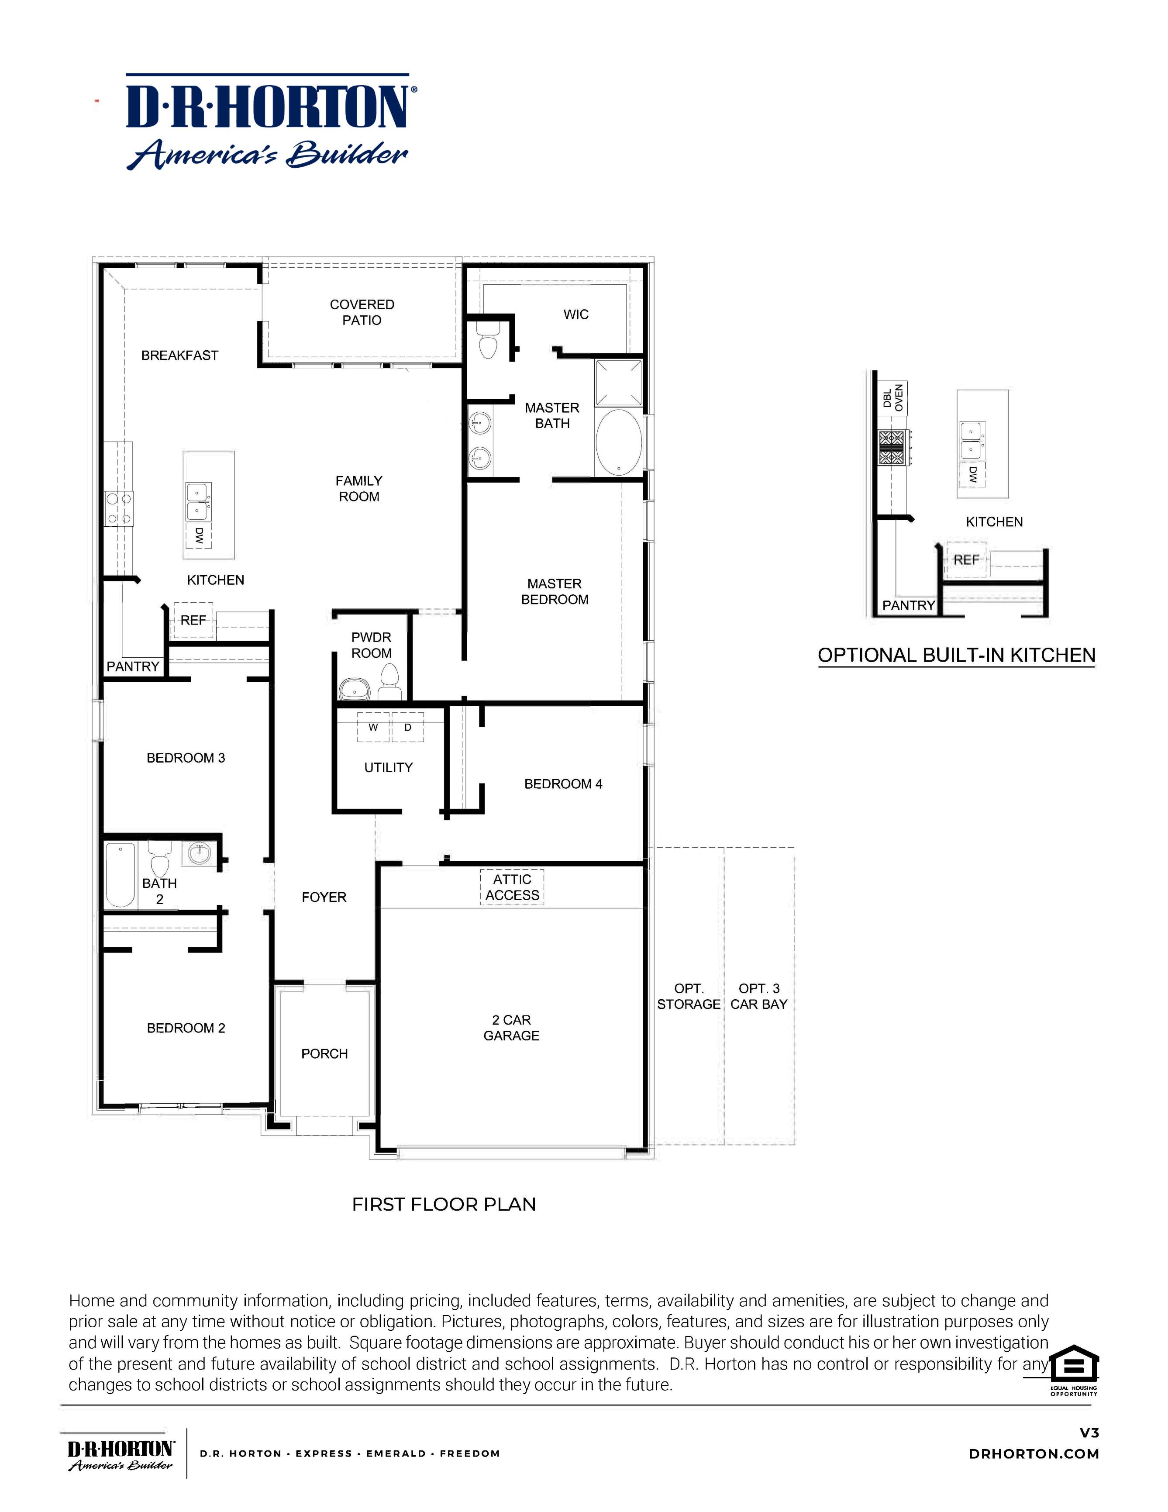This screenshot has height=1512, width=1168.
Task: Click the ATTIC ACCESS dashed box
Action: coord(512,887)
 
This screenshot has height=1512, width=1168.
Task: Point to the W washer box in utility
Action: coord(373,728)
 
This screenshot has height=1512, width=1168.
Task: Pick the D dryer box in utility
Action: coord(407,728)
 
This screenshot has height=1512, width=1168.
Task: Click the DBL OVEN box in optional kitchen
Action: coord(892,398)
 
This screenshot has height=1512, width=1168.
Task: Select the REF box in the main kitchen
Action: coord(193,620)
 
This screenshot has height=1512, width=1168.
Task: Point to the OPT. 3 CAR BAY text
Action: coord(758,996)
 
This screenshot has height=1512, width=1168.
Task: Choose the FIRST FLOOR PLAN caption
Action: coord(444,1204)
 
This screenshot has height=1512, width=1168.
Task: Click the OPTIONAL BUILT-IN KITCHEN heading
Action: coord(956,655)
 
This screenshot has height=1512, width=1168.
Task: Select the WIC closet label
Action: coord(575,314)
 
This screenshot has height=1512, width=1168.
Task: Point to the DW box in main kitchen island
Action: coord(199,535)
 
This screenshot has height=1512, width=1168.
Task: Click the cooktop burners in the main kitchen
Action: coord(119,508)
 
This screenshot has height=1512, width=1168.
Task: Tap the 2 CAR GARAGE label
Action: coord(511,1027)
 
